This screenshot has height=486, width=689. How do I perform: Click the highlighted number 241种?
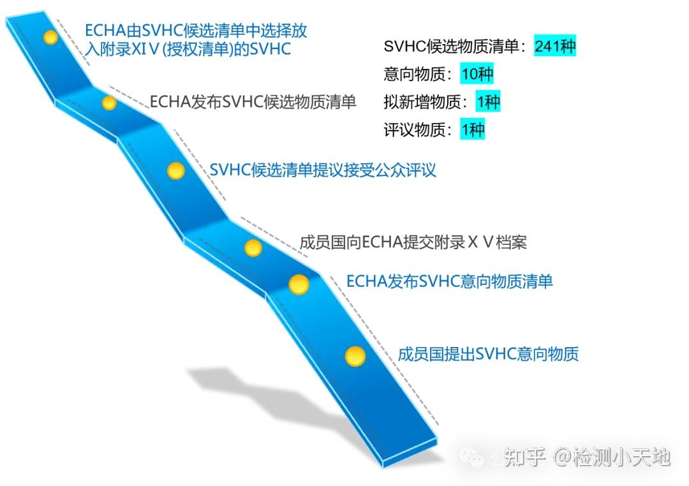click(555, 46)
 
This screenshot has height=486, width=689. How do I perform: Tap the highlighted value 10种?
click(477, 74)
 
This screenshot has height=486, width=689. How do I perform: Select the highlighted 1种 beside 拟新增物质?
click(488, 101)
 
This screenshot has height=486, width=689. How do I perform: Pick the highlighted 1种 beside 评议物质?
click(473, 129)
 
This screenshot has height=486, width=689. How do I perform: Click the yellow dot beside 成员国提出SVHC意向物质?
click(355, 356)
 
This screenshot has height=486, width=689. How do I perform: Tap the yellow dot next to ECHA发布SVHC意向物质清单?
click(299, 284)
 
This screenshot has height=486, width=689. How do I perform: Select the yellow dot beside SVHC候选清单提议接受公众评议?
click(176, 170)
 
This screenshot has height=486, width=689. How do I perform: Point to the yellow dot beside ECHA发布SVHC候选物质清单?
click(109, 103)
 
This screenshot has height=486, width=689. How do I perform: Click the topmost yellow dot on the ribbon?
click(50, 38)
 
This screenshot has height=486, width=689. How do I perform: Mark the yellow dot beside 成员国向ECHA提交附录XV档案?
click(253, 248)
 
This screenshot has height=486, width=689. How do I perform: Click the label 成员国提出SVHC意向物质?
click(488, 354)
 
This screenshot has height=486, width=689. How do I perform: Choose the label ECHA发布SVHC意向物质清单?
click(450, 282)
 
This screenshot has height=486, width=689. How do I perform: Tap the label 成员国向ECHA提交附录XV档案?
click(413, 242)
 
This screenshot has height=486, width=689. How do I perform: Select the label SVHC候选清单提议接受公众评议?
click(323, 170)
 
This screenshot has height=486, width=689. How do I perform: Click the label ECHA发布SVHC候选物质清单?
click(253, 101)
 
